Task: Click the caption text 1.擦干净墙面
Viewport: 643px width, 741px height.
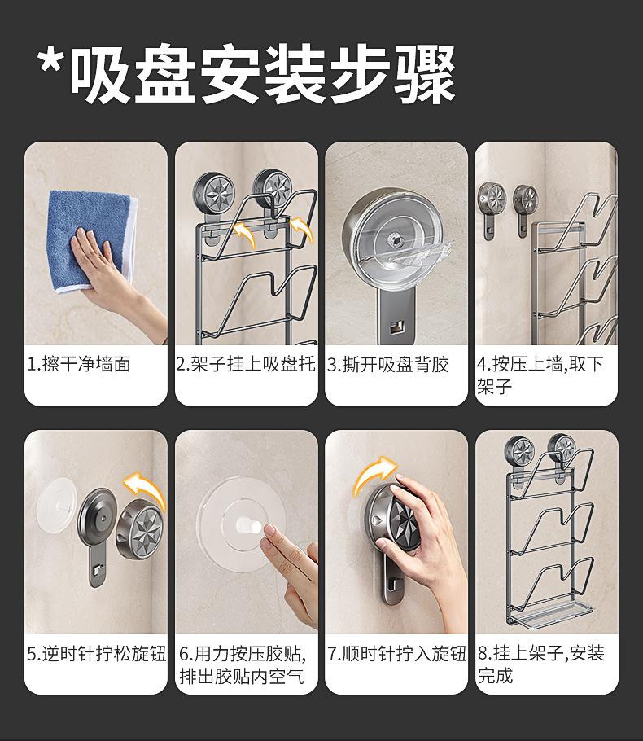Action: coord(79,364)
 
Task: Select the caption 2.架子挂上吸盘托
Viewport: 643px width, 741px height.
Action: coord(246,364)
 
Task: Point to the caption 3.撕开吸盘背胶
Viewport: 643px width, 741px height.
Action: coord(388,364)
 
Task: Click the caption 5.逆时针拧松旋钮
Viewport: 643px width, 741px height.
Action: coord(96,654)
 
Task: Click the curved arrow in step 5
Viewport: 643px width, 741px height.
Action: coord(146,489)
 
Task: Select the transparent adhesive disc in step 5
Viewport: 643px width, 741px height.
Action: coord(57,505)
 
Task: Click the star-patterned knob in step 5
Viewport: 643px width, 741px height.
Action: coord(141,531)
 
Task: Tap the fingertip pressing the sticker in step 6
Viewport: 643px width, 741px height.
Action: coord(269,530)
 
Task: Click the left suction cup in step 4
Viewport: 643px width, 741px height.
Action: coord(491,199)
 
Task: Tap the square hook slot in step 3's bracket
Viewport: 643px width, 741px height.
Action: coord(396,326)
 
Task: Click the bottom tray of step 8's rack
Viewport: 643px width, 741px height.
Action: coord(550,613)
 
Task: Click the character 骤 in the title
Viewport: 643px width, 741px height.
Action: coord(424,74)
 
